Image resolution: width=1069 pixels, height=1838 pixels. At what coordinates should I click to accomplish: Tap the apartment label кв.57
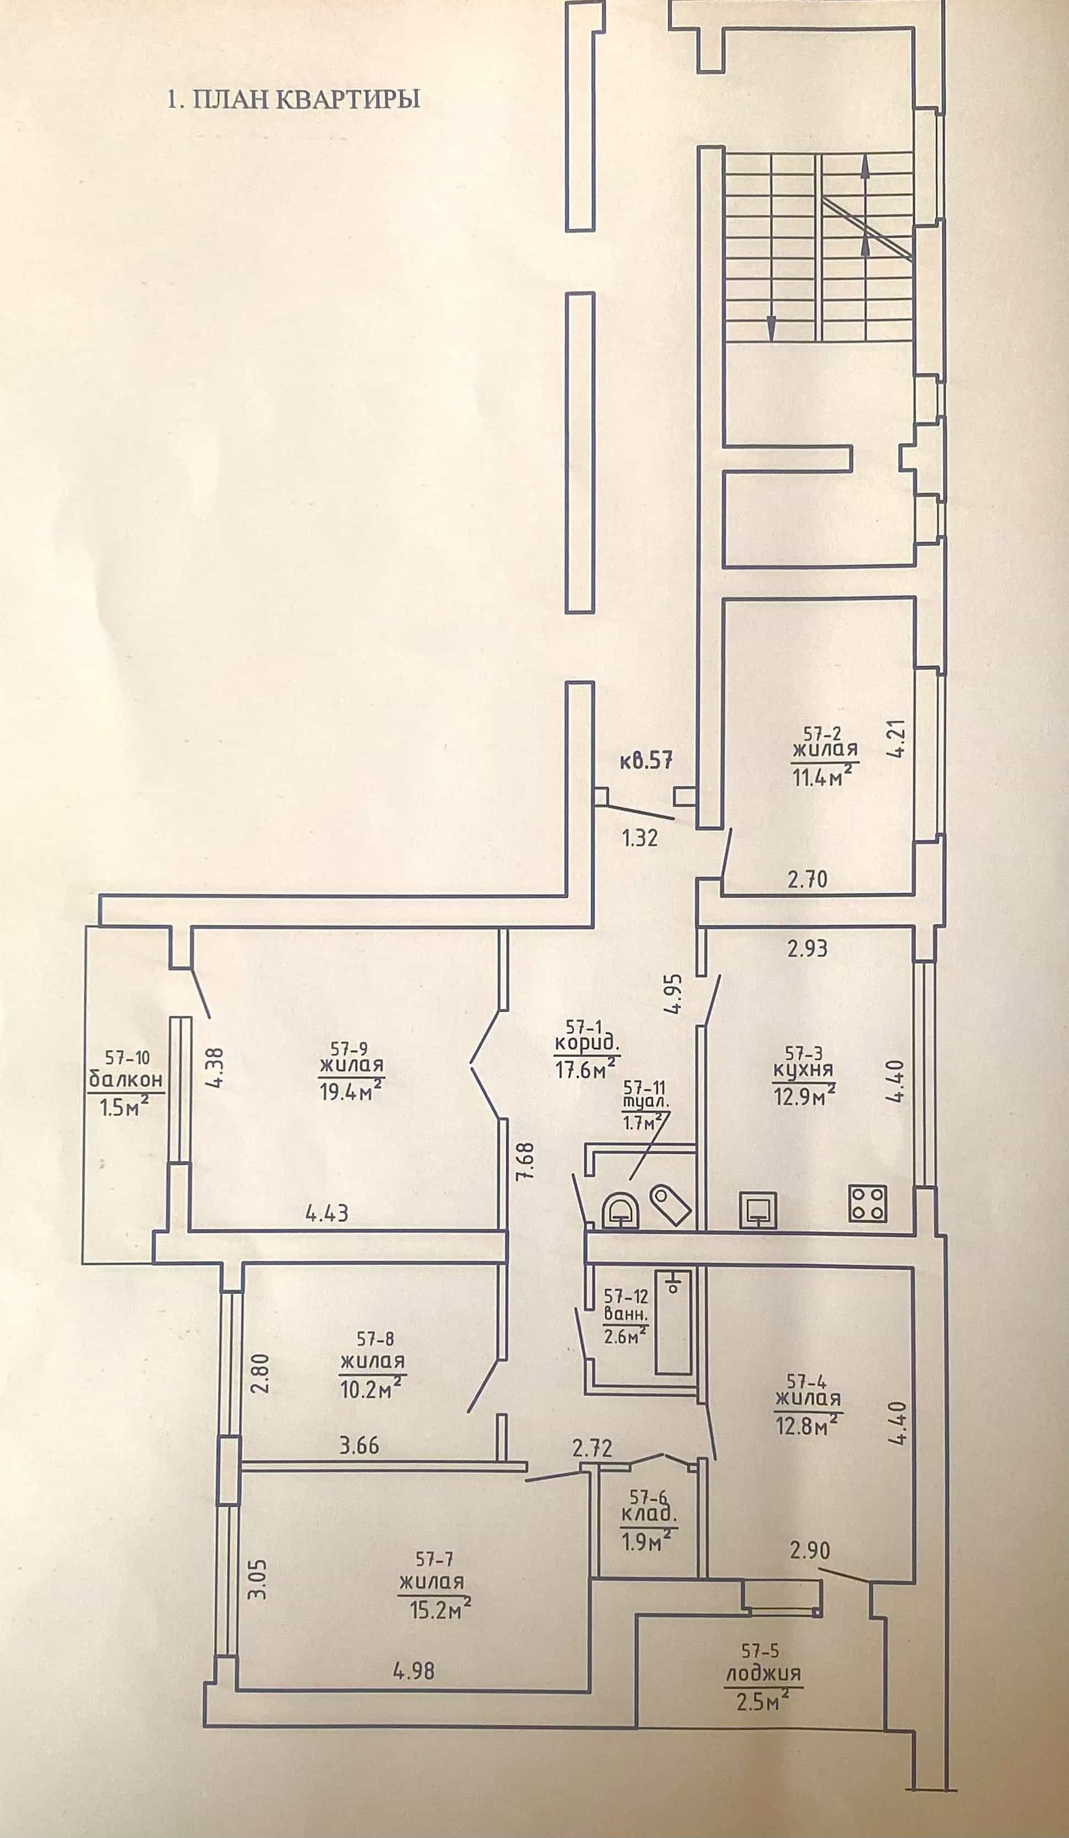646,761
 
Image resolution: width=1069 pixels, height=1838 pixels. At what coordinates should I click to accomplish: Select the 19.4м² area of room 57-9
352,1091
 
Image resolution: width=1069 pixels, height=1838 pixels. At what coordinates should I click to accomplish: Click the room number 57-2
822,734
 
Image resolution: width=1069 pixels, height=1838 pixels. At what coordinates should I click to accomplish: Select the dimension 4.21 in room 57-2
897,739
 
